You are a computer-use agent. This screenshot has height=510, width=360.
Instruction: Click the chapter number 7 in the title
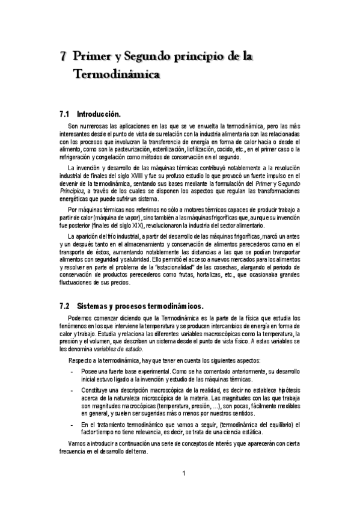pyautogui.click(x=63, y=58)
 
